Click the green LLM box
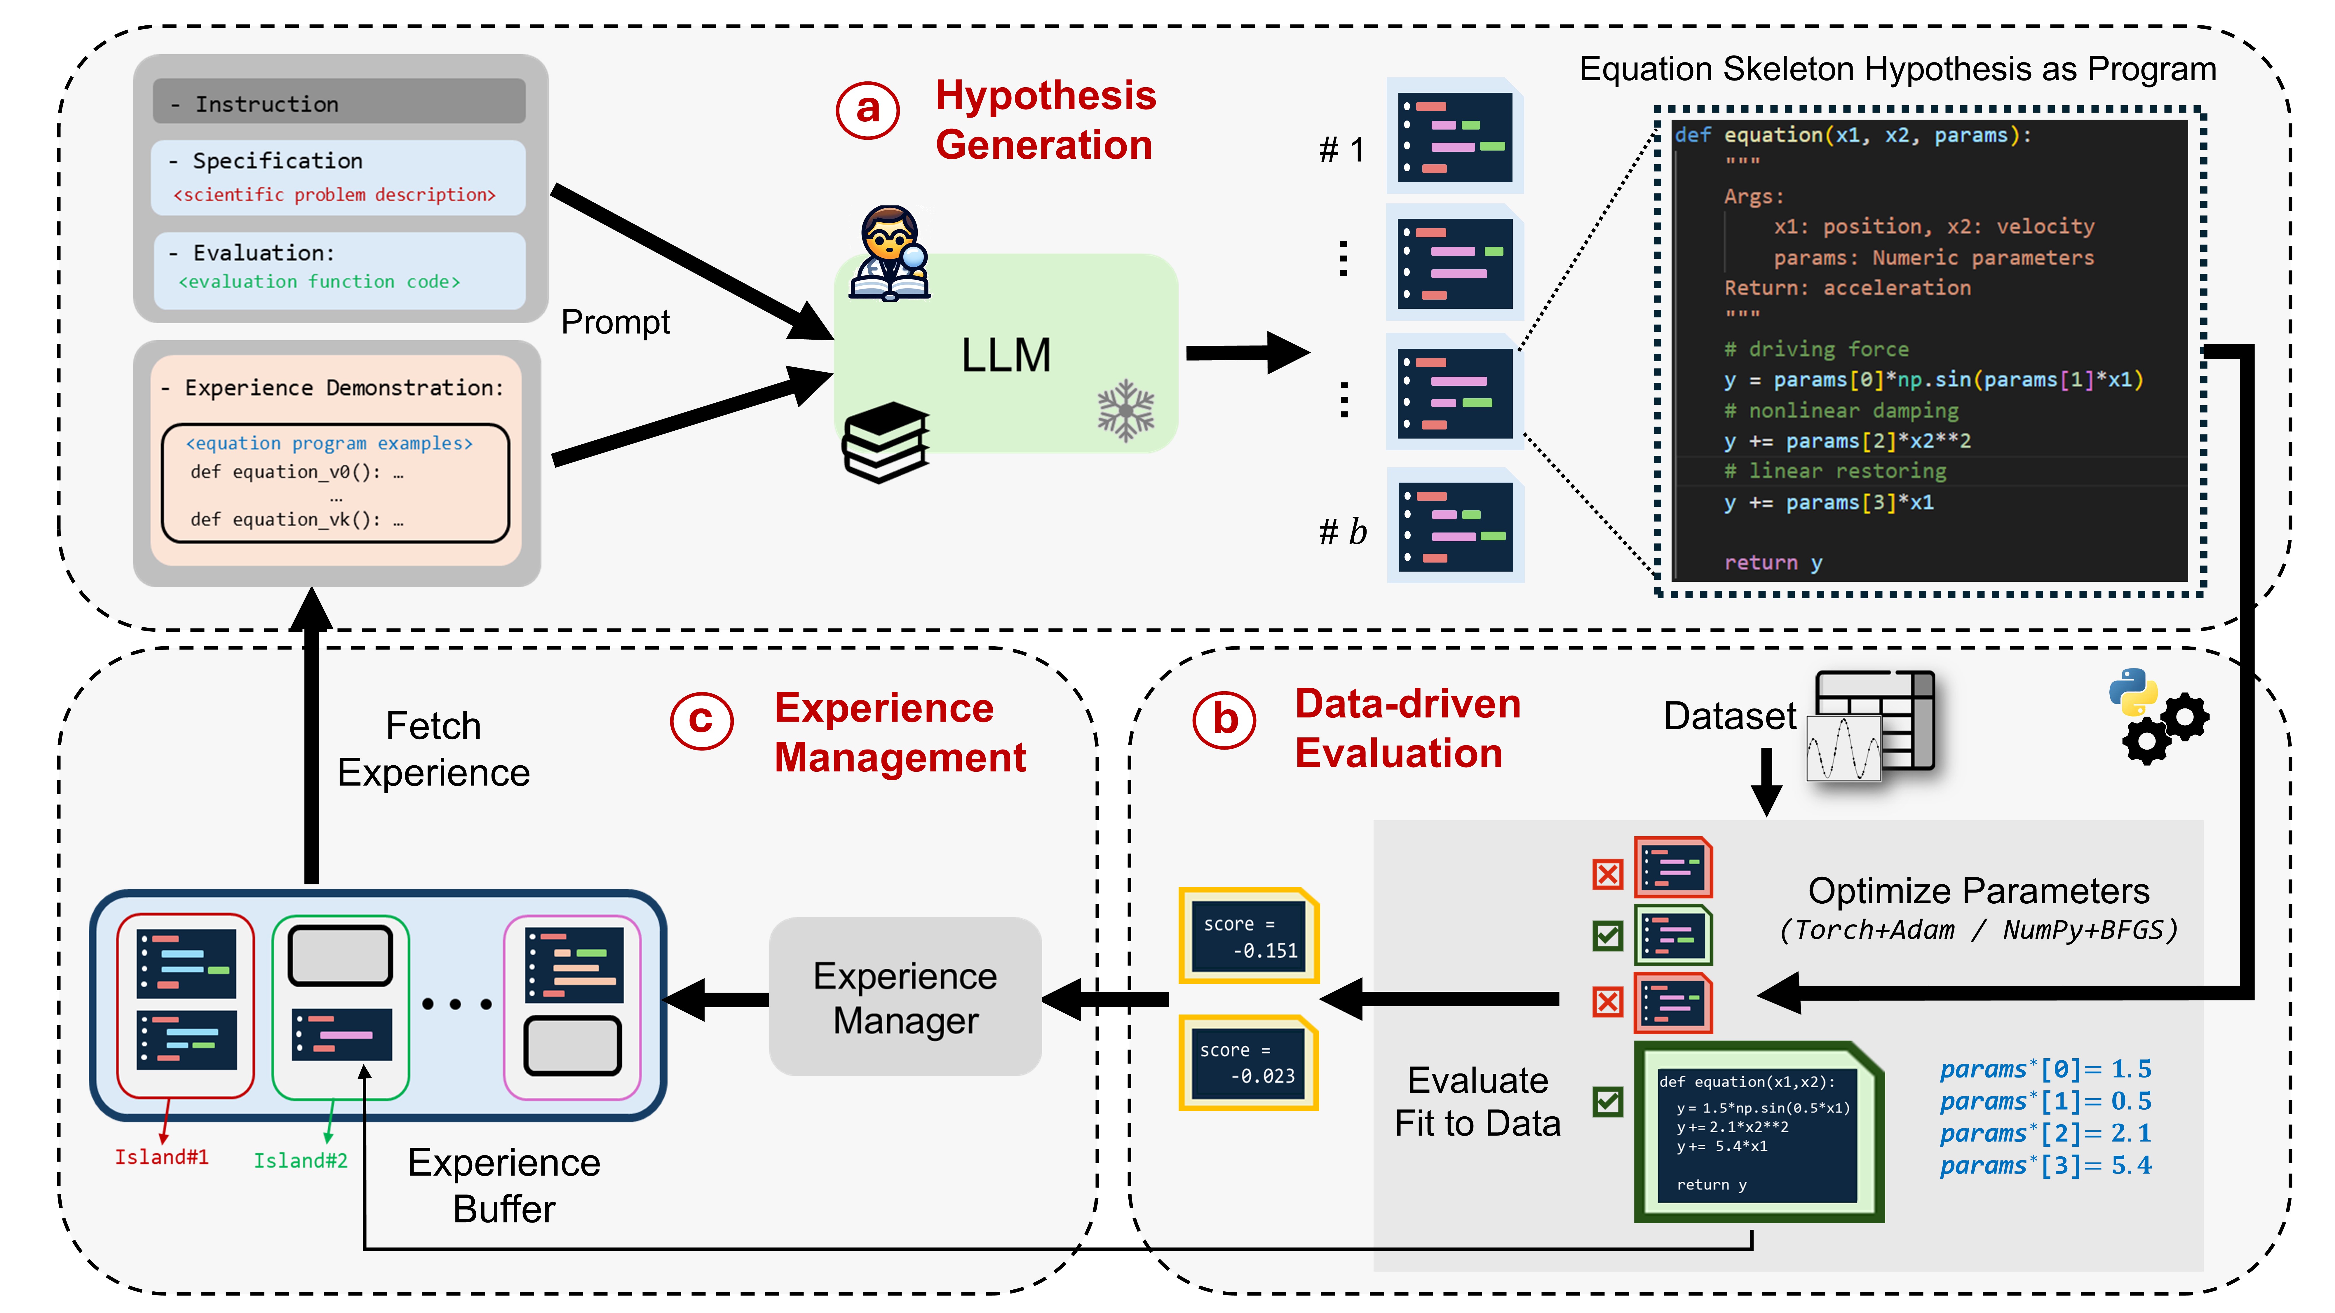tap(1006, 353)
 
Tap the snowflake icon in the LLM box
tap(1126, 411)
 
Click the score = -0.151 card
tap(1249, 936)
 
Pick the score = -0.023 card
tap(1249, 1063)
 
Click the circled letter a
tap(867, 110)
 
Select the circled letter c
tap(701, 720)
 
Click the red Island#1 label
tap(161, 1157)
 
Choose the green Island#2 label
tap(300, 1161)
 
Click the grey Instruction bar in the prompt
tap(339, 102)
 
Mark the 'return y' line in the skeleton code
tap(1772, 563)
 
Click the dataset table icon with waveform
tap(1872, 725)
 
